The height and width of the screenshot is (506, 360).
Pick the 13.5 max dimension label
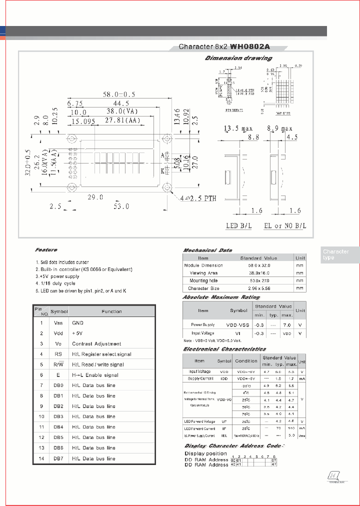pos(238,128)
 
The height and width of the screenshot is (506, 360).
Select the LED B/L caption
pos(239,226)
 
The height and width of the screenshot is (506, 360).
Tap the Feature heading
pos(46,249)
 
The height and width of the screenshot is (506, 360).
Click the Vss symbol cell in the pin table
pos(58,323)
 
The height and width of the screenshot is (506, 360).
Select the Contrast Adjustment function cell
pos(96,344)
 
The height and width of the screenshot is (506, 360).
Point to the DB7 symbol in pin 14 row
pos(58,458)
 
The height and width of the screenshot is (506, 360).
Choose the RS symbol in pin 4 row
pos(58,354)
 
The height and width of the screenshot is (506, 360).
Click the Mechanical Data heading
pos(207,250)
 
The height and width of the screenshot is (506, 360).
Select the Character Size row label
pos(203,288)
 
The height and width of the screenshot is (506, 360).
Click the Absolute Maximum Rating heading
pos(221,297)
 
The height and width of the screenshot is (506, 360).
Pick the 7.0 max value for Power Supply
pos(287,325)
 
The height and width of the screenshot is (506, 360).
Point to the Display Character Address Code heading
pos(232,445)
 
